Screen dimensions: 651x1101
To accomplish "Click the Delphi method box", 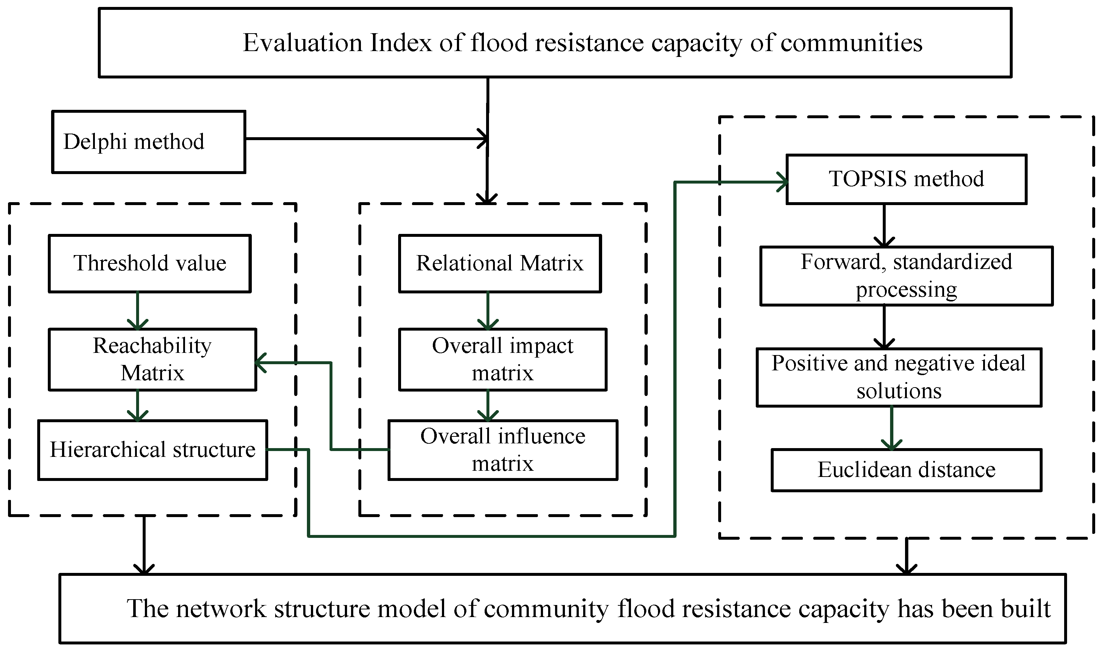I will [x=148, y=142].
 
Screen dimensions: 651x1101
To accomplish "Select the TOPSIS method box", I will [x=906, y=179].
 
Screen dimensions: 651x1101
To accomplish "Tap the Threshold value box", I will [x=149, y=263].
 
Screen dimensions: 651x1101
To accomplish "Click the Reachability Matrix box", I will [x=152, y=359].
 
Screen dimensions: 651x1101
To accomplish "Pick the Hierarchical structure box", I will [x=152, y=450].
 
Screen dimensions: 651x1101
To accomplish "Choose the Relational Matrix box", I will [x=500, y=263].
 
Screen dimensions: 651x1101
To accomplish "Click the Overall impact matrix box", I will [x=502, y=359].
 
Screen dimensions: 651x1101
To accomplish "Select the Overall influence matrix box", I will [x=503, y=450].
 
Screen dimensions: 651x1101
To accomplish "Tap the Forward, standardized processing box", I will [x=906, y=276].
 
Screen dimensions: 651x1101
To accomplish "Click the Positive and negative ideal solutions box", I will [x=899, y=377].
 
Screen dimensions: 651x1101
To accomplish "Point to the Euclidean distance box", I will [x=906, y=470].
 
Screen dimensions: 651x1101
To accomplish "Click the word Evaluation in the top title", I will [x=303, y=43].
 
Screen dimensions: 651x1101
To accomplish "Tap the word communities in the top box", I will [x=851, y=43].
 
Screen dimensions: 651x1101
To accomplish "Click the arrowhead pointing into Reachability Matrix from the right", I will [x=261, y=363].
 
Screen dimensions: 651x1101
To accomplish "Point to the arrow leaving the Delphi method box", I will [x=364, y=139].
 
